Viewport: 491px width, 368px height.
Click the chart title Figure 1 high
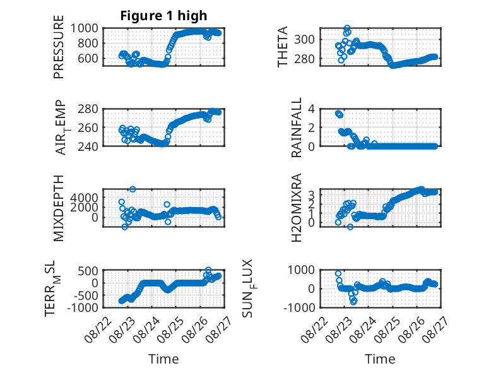[x=163, y=16]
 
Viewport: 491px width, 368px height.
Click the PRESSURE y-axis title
[x=59, y=47]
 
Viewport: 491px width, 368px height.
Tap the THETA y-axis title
[x=283, y=47]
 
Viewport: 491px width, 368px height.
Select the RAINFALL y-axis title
[x=296, y=128]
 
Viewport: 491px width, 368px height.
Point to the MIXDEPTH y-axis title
[x=59, y=208]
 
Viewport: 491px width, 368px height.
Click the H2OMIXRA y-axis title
[x=296, y=208]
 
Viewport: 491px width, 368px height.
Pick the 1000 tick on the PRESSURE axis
[x=84, y=28]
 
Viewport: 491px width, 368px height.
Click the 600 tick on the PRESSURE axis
[x=88, y=58]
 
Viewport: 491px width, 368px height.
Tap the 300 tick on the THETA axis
[x=304, y=40]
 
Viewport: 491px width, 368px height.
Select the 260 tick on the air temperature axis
[x=88, y=128]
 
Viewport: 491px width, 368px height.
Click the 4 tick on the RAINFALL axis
[x=311, y=109]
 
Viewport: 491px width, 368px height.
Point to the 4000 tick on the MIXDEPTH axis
[x=84, y=198]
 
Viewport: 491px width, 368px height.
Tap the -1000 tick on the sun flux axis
[x=299, y=307]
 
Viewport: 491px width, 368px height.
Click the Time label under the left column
[x=163, y=359]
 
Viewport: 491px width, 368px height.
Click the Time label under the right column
[x=380, y=359]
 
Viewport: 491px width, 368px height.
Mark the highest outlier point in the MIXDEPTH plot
[x=133, y=189]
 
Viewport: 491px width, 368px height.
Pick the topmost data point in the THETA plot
[x=347, y=28]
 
